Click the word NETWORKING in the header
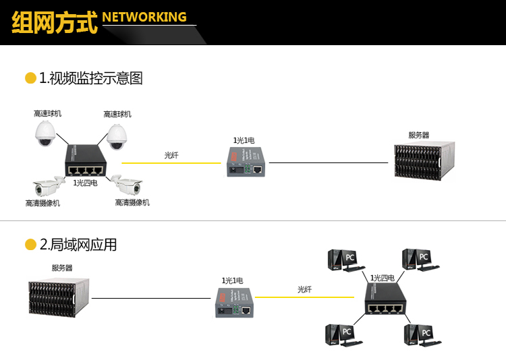145,17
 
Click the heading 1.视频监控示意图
90,78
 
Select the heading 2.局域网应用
78,245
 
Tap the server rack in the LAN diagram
59,297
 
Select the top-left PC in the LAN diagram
342,260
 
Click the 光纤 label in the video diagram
171,155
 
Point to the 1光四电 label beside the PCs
382,278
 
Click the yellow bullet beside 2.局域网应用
30,245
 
